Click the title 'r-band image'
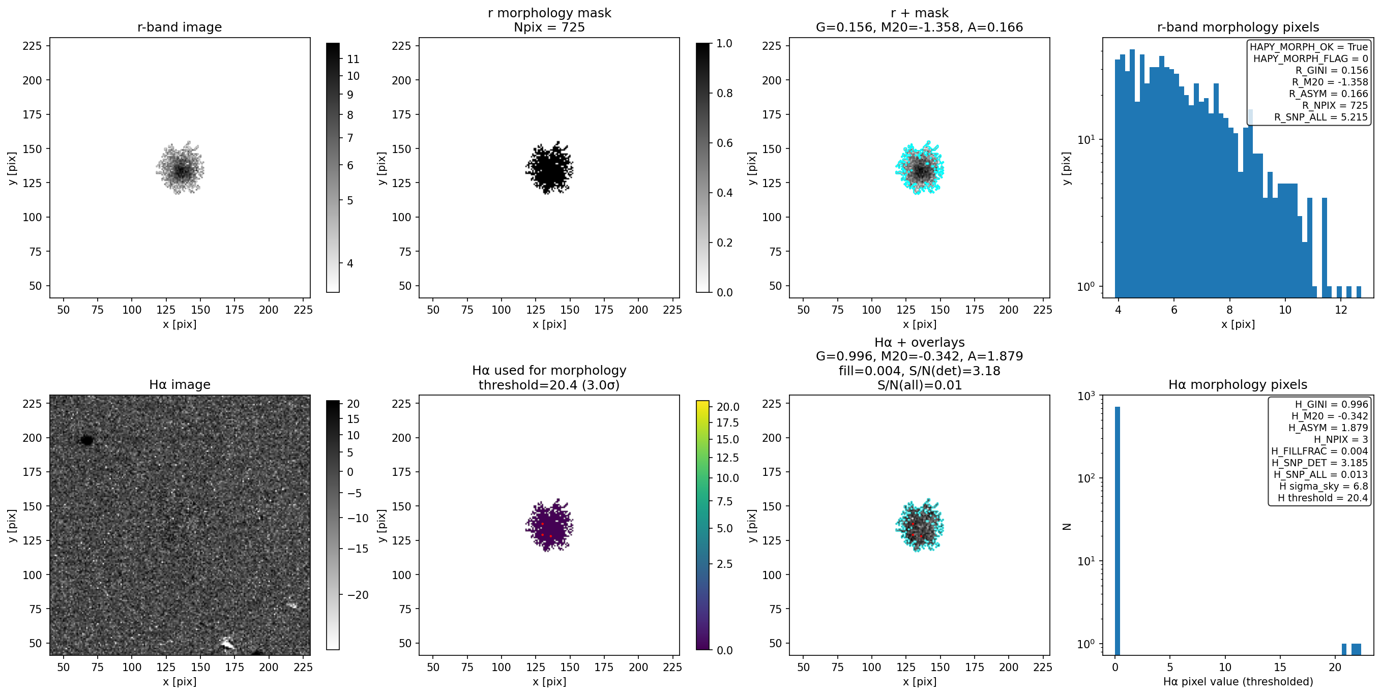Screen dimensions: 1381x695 (180, 27)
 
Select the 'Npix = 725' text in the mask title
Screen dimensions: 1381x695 (549, 27)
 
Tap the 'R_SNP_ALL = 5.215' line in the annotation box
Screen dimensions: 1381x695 (1321, 117)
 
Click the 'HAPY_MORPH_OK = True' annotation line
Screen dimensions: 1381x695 (1309, 47)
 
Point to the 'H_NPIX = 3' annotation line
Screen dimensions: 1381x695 (1341, 439)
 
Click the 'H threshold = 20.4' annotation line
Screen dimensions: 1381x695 (1323, 498)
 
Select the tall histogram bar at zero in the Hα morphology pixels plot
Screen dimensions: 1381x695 (1117, 530)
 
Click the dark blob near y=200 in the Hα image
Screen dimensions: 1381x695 (87, 440)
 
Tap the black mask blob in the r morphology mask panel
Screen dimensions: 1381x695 (549, 168)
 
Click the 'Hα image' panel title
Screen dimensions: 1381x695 (180, 385)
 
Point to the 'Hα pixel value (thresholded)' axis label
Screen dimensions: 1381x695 (1238, 682)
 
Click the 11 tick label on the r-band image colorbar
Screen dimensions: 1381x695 (354, 59)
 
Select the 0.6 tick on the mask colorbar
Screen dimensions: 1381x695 (725, 143)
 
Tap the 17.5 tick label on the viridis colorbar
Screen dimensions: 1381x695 (727, 423)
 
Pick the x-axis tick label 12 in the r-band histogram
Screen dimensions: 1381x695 (1341, 310)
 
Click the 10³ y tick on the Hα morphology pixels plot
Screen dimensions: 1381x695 (1088, 396)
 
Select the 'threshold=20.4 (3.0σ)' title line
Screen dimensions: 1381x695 (549, 385)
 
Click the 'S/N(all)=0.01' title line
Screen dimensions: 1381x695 (920, 385)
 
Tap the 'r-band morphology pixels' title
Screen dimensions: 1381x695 (1238, 27)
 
